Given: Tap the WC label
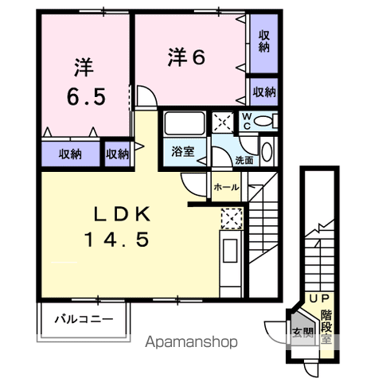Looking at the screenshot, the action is click(x=247, y=121).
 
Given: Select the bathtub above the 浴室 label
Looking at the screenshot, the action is click(x=185, y=123).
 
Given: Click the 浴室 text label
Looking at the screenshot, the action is click(x=183, y=151).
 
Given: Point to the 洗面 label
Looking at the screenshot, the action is click(x=244, y=160).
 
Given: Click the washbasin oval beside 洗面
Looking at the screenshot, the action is click(x=267, y=151).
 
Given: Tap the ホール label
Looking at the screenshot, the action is click(x=226, y=187).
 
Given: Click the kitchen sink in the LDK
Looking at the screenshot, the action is click(x=230, y=251).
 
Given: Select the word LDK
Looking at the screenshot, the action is click(x=123, y=214).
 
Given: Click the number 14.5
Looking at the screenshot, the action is click(x=117, y=240).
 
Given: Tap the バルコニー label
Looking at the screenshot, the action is click(x=84, y=318).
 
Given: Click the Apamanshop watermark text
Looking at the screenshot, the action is click(x=191, y=342).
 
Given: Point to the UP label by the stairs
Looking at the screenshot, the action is click(x=320, y=298).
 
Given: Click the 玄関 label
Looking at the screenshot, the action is click(x=303, y=332).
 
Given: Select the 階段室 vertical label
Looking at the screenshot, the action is click(x=326, y=327).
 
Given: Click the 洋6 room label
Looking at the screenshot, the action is click(x=186, y=57).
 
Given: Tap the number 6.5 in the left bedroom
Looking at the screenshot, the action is click(x=86, y=96).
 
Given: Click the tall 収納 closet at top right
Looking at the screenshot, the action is click(x=264, y=44).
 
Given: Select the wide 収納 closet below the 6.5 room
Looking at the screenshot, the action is click(x=71, y=154).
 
